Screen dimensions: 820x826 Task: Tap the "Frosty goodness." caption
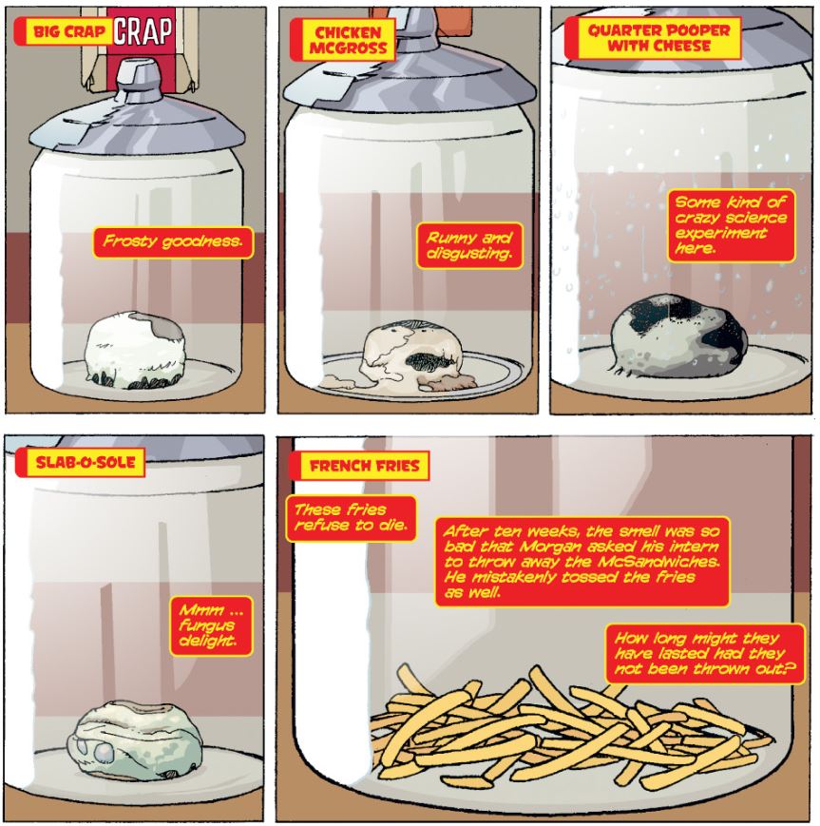click(x=173, y=241)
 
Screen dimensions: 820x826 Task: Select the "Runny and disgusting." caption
click(x=469, y=245)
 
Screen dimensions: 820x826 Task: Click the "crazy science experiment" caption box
click(x=731, y=225)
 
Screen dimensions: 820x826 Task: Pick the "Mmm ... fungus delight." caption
click(x=211, y=625)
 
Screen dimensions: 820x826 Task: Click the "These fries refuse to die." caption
click(x=351, y=518)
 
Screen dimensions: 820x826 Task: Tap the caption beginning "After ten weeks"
click(x=582, y=562)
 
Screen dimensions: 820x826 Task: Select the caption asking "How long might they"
click(x=705, y=654)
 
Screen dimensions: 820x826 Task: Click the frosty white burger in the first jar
click(x=135, y=350)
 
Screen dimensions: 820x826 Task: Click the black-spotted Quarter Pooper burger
click(x=679, y=337)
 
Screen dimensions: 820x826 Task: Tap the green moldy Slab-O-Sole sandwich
click(x=135, y=739)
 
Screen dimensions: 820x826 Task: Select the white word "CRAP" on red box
click(x=143, y=31)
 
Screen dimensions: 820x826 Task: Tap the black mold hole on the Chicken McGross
click(x=429, y=361)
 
